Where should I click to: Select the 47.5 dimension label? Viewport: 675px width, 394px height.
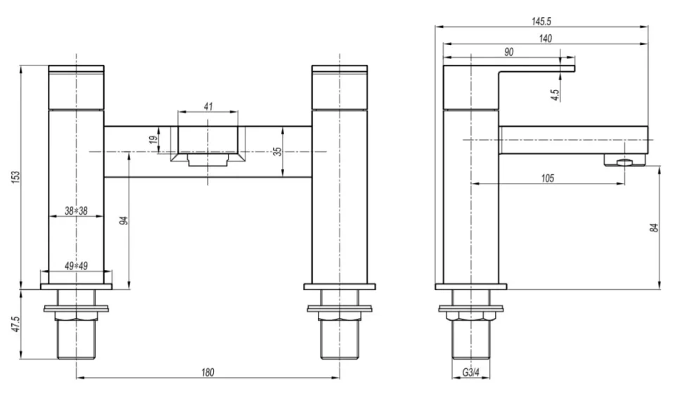15,325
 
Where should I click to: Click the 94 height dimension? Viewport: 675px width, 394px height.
124,221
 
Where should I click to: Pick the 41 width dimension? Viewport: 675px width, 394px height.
208,106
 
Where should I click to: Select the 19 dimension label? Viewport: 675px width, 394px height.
154,139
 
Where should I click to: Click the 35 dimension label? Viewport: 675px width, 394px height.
278,151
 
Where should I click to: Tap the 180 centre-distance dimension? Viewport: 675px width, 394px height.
207,371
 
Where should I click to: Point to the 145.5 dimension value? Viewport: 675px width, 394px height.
541,21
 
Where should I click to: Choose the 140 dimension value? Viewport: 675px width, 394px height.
545,39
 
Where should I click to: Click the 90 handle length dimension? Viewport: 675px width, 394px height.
508,52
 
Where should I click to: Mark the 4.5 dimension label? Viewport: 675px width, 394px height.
555,94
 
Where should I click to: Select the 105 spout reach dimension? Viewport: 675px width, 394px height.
547,178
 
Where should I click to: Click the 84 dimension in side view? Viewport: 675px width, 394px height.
654,227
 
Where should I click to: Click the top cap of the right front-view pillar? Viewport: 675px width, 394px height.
340,70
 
